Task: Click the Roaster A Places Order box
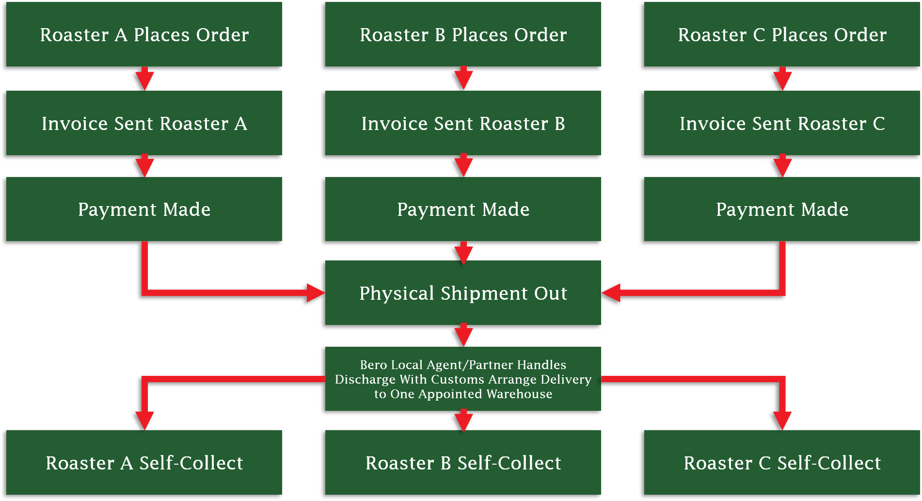click(144, 34)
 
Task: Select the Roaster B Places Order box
click(463, 34)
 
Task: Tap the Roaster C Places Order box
click(782, 34)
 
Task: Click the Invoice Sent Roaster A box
click(144, 123)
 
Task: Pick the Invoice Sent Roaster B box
click(463, 123)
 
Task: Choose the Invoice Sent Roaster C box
click(782, 123)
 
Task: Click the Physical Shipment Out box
click(463, 293)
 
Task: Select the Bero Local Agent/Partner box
click(463, 379)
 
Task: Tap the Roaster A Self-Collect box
click(144, 463)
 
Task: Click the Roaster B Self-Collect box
click(463, 463)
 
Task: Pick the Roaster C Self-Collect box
click(782, 463)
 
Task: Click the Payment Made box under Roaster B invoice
click(463, 209)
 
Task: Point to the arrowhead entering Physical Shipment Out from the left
click(316, 293)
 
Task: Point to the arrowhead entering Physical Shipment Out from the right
click(611, 293)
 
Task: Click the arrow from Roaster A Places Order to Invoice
click(144, 79)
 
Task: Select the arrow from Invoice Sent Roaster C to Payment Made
click(782, 166)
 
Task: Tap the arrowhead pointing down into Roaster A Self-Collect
click(144, 420)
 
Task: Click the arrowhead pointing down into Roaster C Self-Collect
click(782, 420)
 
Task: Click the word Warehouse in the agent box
click(519, 394)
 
